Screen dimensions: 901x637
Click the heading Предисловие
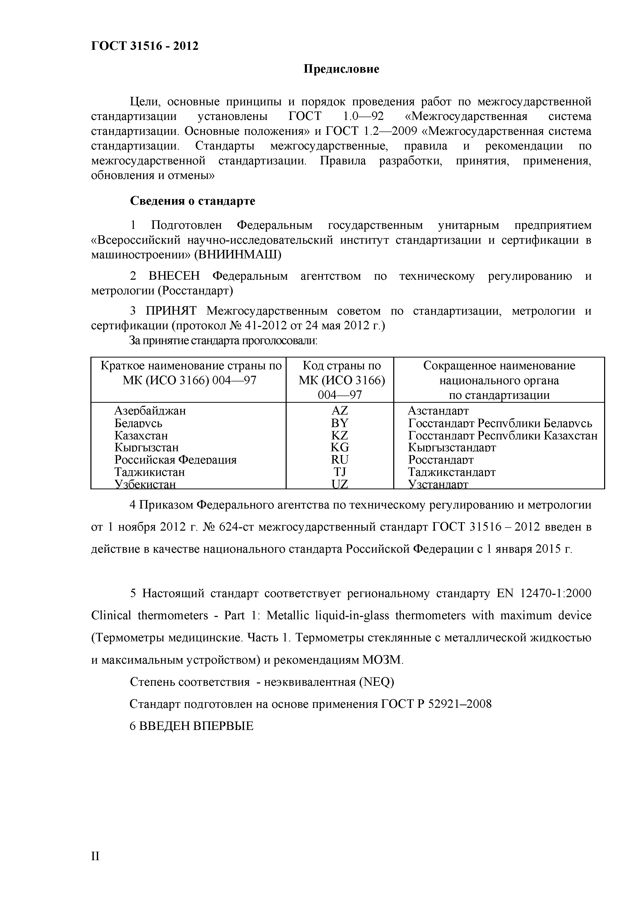[x=341, y=69]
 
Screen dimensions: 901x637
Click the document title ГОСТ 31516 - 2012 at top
[x=145, y=46]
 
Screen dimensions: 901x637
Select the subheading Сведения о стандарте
[x=192, y=201]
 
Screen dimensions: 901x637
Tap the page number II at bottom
[x=95, y=856]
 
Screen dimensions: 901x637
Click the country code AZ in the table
[x=340, y=410]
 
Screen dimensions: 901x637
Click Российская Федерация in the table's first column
[x=175, y=459]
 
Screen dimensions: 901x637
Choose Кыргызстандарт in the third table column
[x=452, y=447]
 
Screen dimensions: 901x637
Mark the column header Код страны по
[x=341, y=366]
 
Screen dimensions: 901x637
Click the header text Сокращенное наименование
[x=499, y=366]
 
